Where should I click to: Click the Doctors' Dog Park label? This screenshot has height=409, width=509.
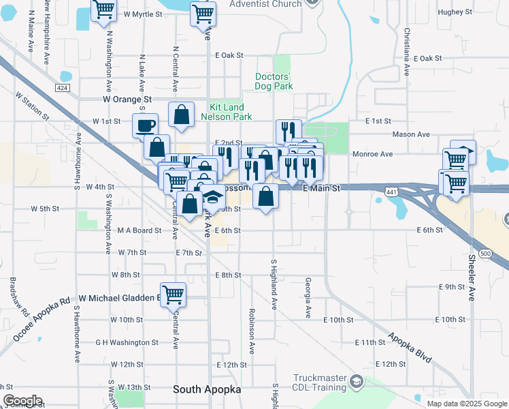(x=274, y=81)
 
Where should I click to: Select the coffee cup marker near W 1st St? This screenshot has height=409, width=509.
(x=146, y=125)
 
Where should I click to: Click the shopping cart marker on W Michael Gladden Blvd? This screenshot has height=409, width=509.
(x=174, y=295)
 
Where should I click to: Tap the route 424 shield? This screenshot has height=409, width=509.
(x=63, y=89)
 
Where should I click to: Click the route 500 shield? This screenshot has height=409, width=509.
(x=485, y=253)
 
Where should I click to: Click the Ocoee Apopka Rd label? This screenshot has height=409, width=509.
(x=42, y=320)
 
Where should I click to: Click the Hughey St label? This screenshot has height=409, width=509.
(x=455, y=12)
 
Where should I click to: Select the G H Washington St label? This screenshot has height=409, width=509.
(x=127, y=342)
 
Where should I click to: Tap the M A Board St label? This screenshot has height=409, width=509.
(x=139, y=230)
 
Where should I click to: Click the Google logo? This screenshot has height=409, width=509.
(x=22, y=401)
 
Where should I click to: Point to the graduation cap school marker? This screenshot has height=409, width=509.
(x=213, y=198)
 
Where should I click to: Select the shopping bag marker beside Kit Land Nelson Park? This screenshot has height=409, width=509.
(x=182, y=117)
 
